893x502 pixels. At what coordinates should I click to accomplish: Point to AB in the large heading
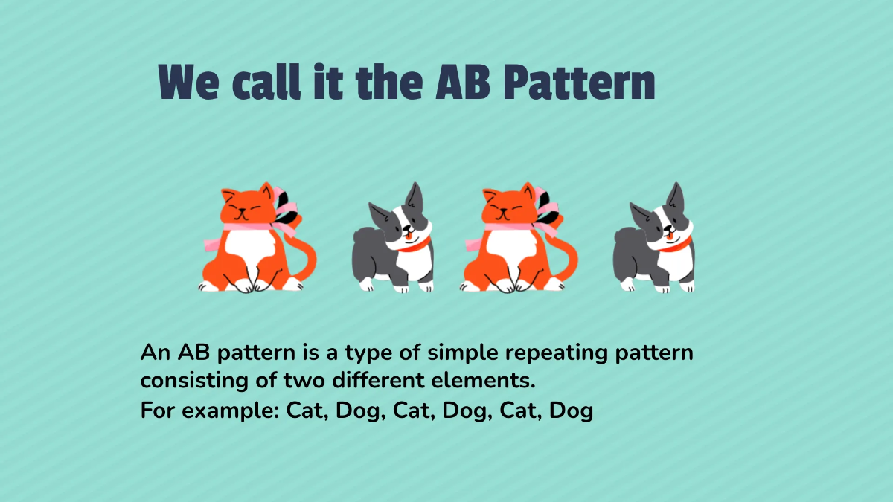click(464, 83)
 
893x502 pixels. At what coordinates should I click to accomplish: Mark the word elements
click(486, 382)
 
